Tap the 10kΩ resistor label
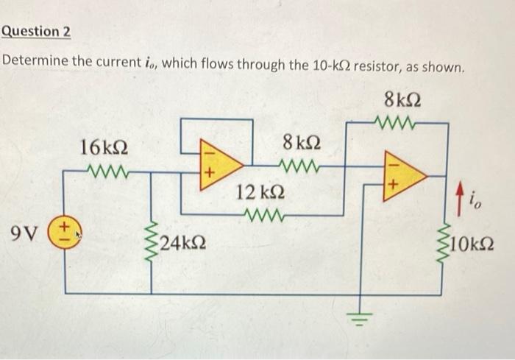tap(472, 242)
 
